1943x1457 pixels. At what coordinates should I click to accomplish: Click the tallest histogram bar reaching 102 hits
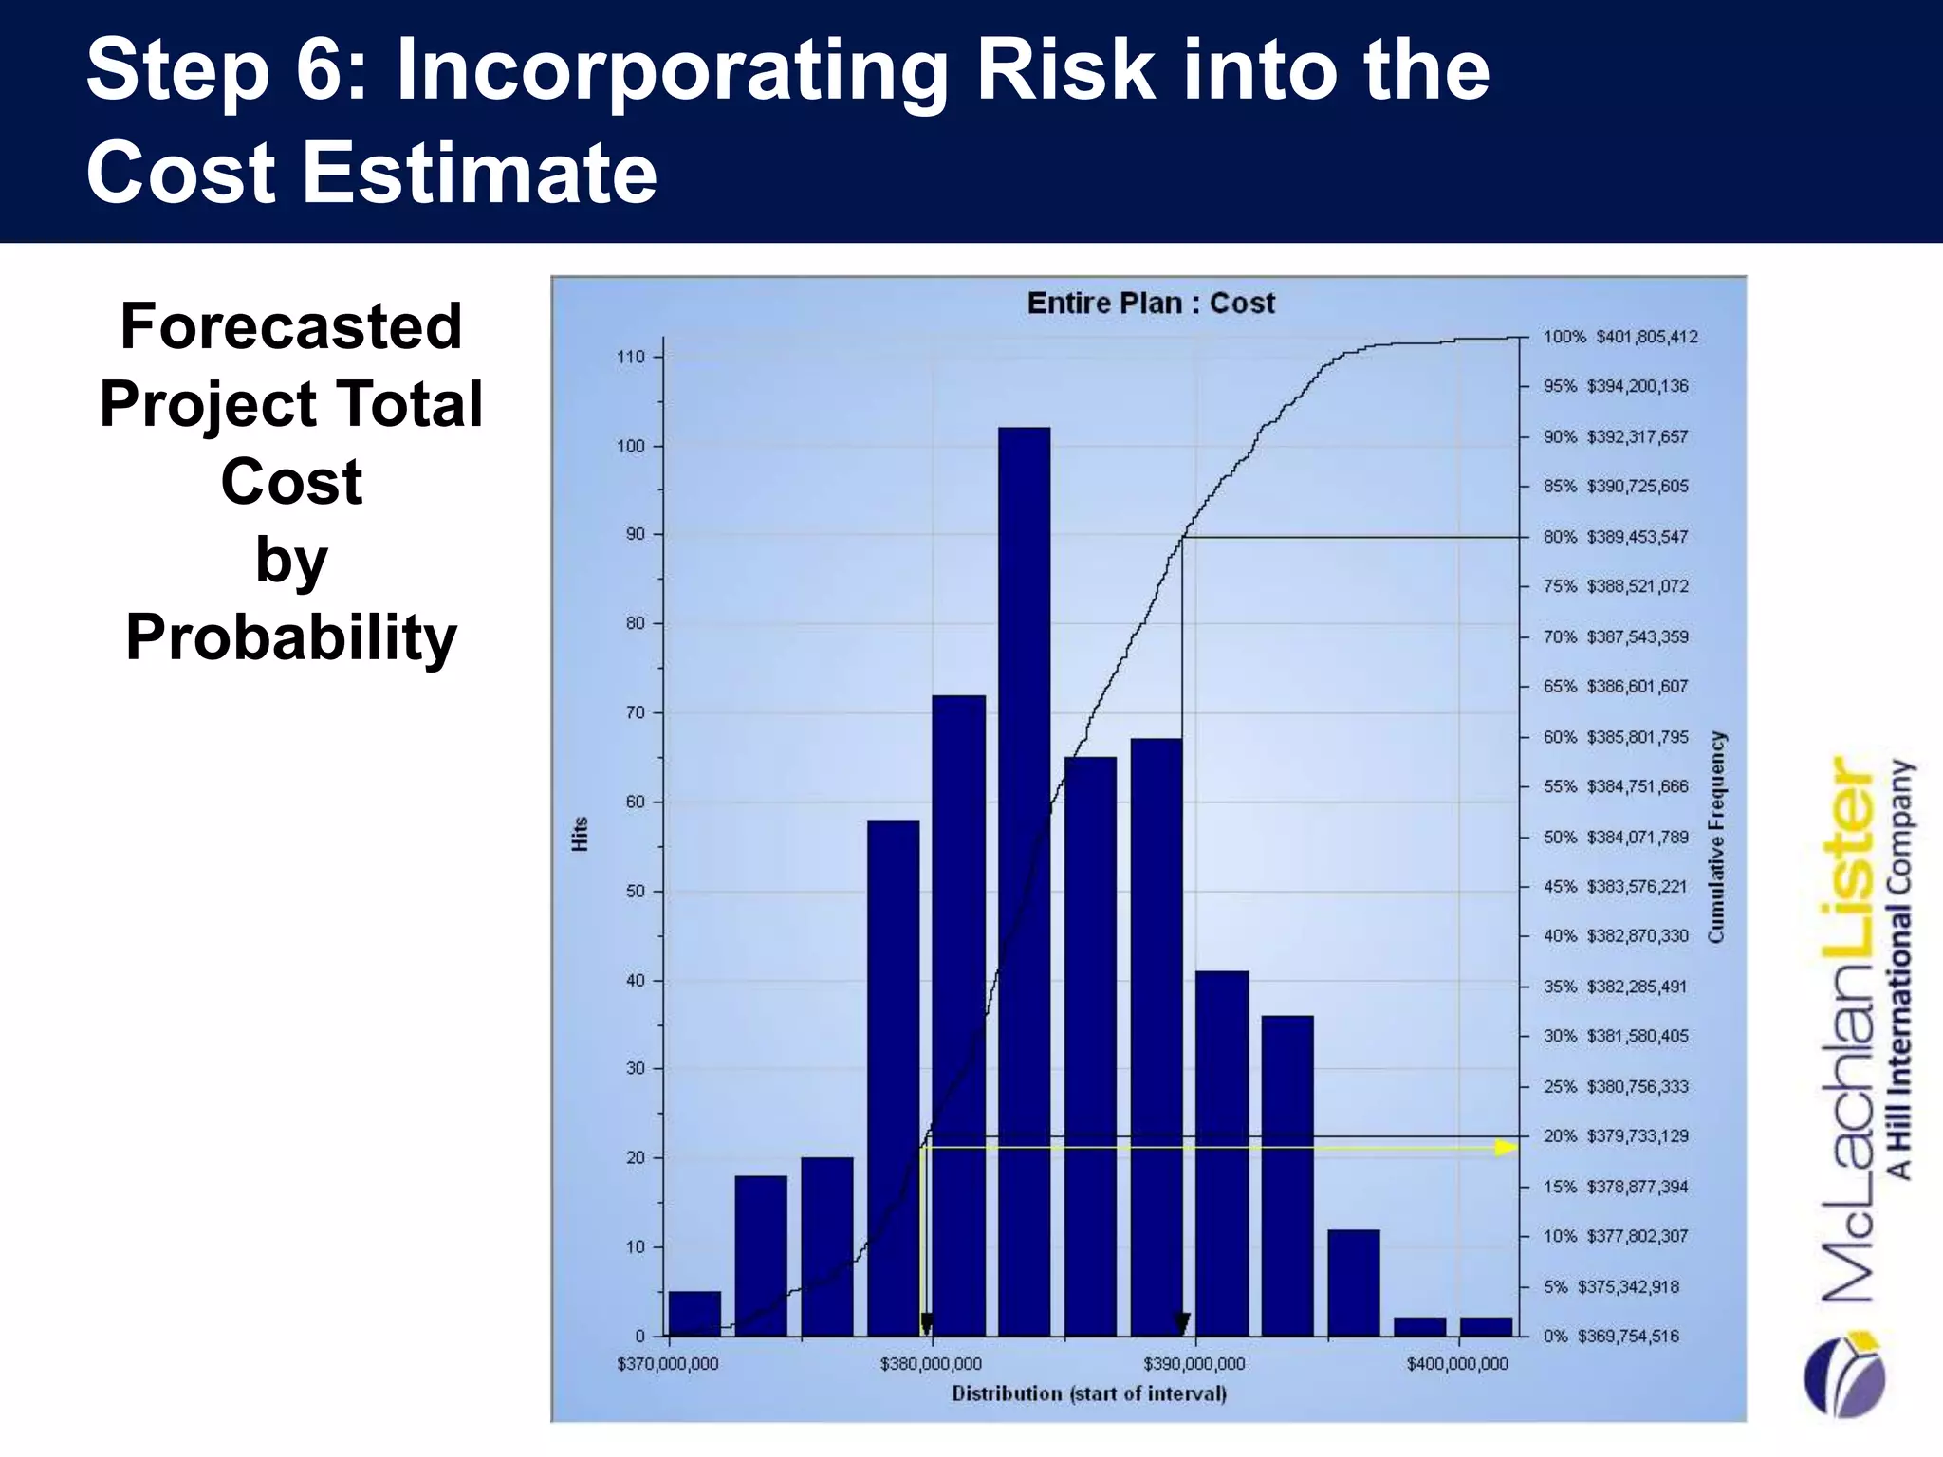click(1024, 882)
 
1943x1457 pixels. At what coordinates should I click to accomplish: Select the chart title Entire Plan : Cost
click(1151, 304)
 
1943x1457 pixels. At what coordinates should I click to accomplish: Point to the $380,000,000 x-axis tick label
click(931, 1364)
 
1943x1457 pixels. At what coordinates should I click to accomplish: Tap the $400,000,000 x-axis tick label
click(1457, 1364)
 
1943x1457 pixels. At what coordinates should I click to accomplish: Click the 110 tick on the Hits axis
click(631, 357)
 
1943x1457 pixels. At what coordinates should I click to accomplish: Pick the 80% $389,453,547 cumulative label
click(1616, 537)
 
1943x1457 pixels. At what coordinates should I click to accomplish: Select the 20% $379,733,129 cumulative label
click(1616, 1136)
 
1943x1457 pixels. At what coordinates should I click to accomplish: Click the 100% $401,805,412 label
click(1620, 337)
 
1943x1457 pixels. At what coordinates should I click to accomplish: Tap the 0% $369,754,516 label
click(1611, 1337)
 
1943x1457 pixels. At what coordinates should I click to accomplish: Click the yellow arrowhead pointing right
click(1506, 1148)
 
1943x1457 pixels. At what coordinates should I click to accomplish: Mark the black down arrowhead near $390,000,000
click(1181, 1322)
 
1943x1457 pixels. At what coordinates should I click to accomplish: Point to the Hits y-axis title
click(581, 834)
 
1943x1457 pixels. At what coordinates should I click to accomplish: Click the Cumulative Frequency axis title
click(1716, 837)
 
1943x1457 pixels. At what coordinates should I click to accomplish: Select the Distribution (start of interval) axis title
click(1089, 1393)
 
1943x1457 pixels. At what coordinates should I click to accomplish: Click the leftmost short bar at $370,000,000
click(694, 1314)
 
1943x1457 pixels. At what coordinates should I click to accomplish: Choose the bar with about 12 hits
click(1353, 1282)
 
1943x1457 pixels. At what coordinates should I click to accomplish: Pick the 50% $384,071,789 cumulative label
click(1616, 838)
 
